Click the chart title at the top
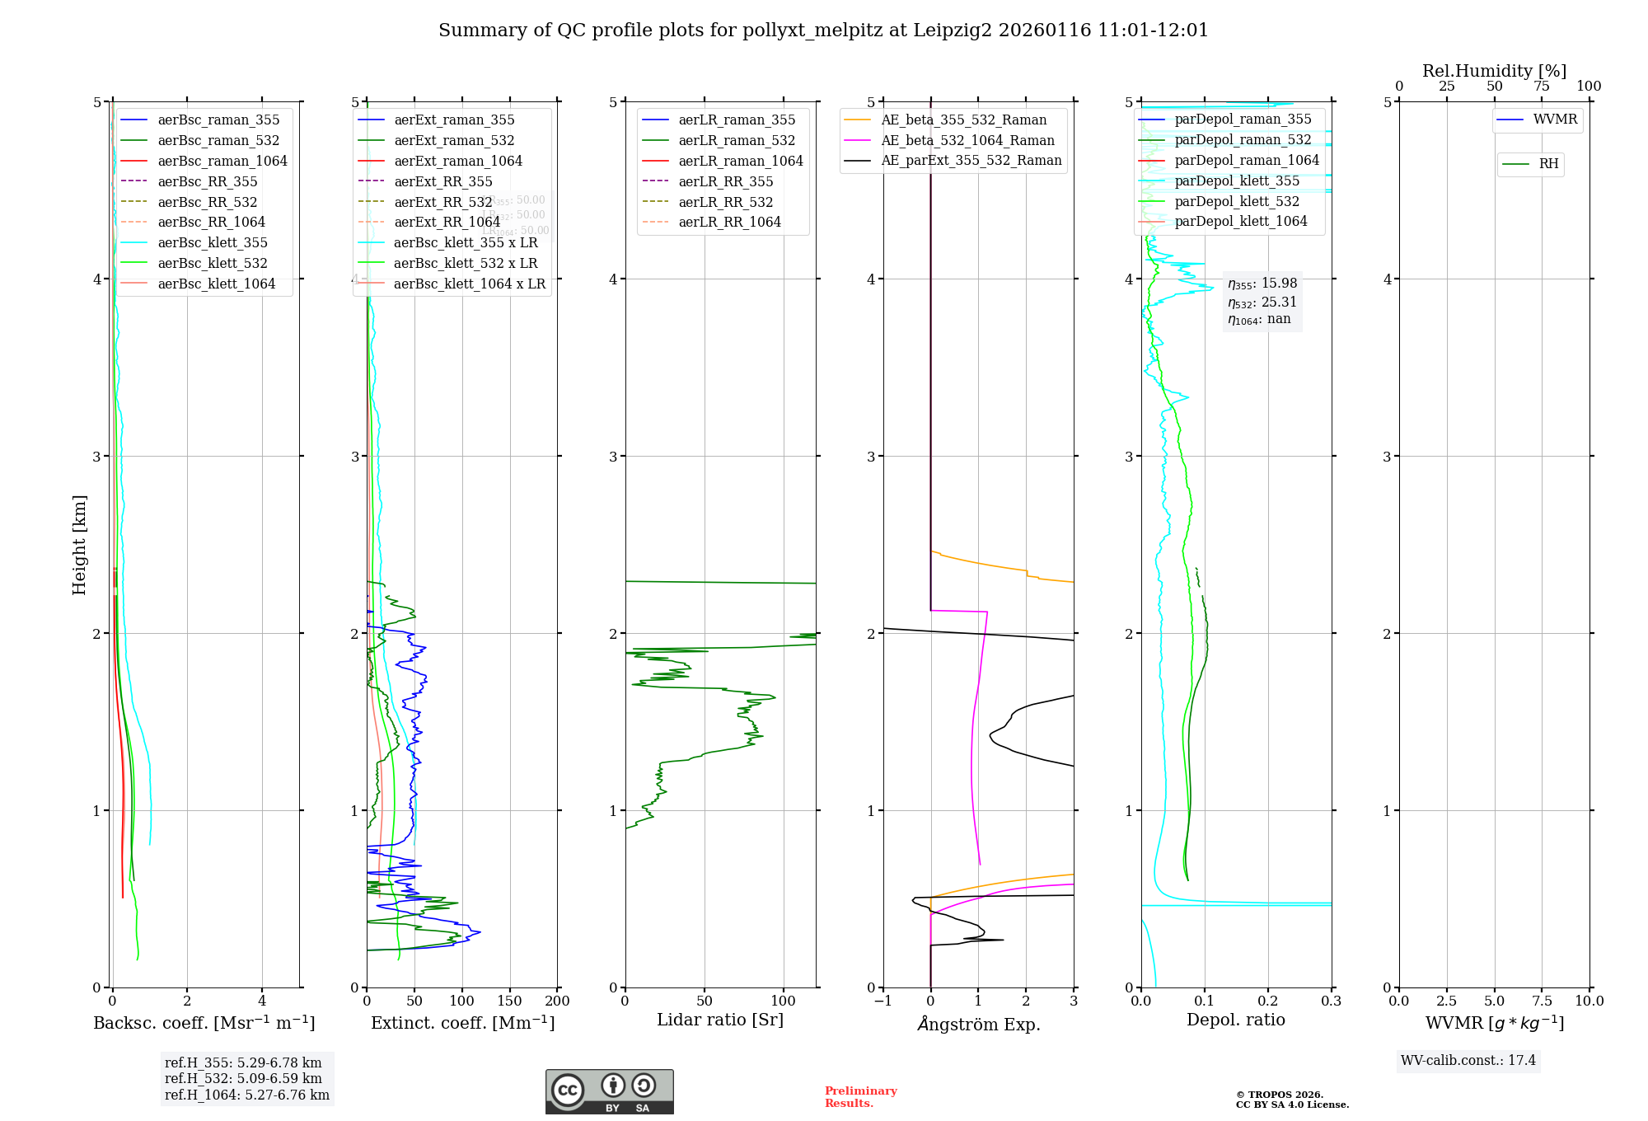(823, 30)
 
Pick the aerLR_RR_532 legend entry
(726, 202)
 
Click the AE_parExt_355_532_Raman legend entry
(971, 160)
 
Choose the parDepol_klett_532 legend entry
(1237, 201)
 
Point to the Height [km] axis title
(79, 545)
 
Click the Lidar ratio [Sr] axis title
(720, 1020)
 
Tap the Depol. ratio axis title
(1236, 1020)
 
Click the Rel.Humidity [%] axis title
(1494, 71)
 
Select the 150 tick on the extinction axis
(510, 1001)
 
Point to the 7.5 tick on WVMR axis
(1542, 1001)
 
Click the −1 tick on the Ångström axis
(883, 1001)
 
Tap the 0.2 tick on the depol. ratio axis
(1268, 1001)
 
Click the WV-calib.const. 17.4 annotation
(1468, 1060)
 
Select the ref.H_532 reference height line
(243, 1078)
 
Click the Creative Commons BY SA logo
(609, 1092)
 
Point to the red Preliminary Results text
(860, 1097)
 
